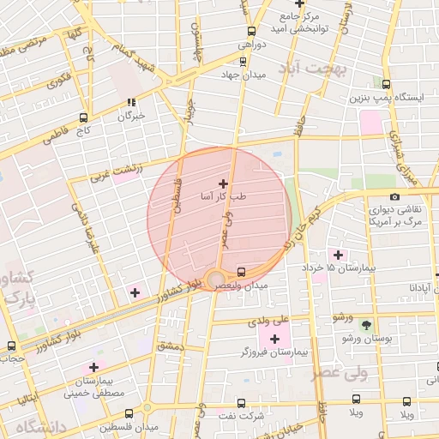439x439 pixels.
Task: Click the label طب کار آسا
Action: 223,197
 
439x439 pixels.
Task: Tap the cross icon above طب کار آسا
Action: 224,183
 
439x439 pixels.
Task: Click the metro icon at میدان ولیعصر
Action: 242,272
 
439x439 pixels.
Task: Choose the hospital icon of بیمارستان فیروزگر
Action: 274,339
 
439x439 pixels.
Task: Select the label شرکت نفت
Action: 239,415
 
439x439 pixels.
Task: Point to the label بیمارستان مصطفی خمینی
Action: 94,386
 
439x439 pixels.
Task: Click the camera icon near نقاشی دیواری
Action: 394,197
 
